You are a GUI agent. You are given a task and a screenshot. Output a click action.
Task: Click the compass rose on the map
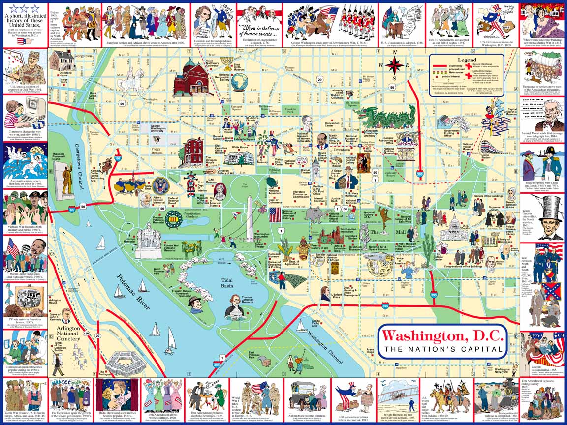(394, 65)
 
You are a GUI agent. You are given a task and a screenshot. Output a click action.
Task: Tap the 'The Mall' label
(379, 232)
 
